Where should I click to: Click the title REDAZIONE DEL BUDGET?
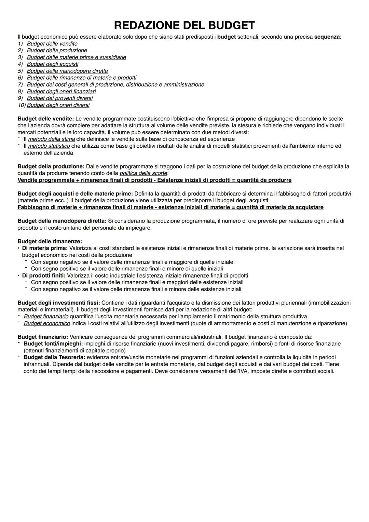click(x=184, y=26)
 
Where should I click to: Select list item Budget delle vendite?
click(x=52, y=44)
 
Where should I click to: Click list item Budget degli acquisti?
click(x=52, y=64)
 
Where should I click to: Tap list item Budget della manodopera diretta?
click(x=67, y=71)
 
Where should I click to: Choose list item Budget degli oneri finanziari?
click(x=61, y=91)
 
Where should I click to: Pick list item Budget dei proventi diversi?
click(x=59, y=98)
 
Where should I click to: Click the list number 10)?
click(x=22, y=105)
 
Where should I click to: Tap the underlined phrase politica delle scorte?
click(x=143, y=173)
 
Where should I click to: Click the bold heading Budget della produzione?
click(x=51, y=166)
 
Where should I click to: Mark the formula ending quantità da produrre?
click(x=154, y=180)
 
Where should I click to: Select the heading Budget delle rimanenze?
click(x=50, y=241)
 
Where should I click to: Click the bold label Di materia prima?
click(x=45, y=248)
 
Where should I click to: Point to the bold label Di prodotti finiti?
click(x=44, y=276)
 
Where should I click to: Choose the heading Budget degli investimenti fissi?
click(x=59, y=303)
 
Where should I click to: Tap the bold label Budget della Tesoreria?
click(x=54, y=357)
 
